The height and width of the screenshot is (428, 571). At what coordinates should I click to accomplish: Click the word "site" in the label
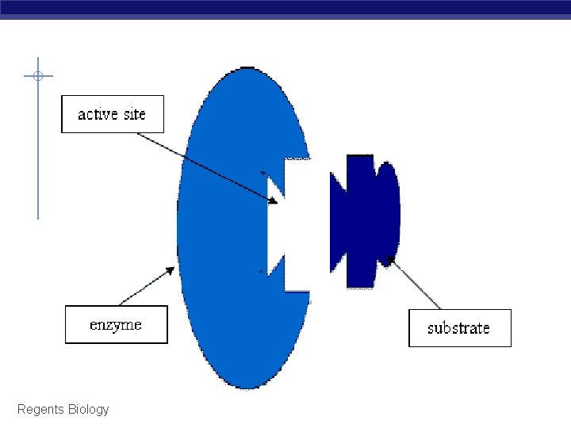(x=135, y=114)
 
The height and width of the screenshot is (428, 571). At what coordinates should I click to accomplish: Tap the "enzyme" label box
(x=116, y=324)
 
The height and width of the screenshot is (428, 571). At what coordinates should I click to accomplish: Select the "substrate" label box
(x=459, y=327)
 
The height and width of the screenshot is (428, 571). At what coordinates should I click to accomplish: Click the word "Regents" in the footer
(x=41, y=409)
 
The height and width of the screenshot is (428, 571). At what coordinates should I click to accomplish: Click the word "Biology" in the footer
(x=89, y=409)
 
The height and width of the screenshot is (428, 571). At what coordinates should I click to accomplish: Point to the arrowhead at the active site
(x=273, y=200)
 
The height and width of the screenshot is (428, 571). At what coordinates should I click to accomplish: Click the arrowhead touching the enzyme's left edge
(x=171, y=269)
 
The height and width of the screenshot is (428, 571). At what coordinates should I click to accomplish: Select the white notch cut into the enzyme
(x=289, y=224)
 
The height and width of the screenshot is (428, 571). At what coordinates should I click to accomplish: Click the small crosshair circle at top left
(x=37, y=76)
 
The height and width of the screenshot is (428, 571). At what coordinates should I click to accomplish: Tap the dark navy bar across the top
(x=285, y=9)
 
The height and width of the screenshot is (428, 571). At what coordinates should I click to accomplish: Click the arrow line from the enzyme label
(x=145, y=288)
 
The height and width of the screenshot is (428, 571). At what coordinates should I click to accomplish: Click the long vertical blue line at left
(x=37, y=159)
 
